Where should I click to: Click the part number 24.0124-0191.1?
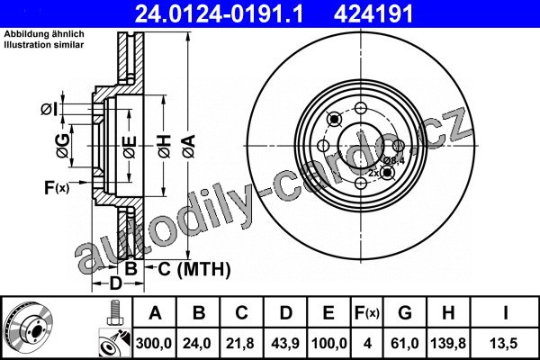[219, 14]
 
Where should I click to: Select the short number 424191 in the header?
[373, 14]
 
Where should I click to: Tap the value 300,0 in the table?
[154, 344]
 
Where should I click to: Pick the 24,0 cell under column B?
[197, 344]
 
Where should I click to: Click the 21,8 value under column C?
[240, 344]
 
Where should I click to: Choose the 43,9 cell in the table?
[285, 344]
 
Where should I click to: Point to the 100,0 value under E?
[328, 344]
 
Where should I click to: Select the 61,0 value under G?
[405, 344]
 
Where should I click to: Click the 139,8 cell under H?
[448, 344]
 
